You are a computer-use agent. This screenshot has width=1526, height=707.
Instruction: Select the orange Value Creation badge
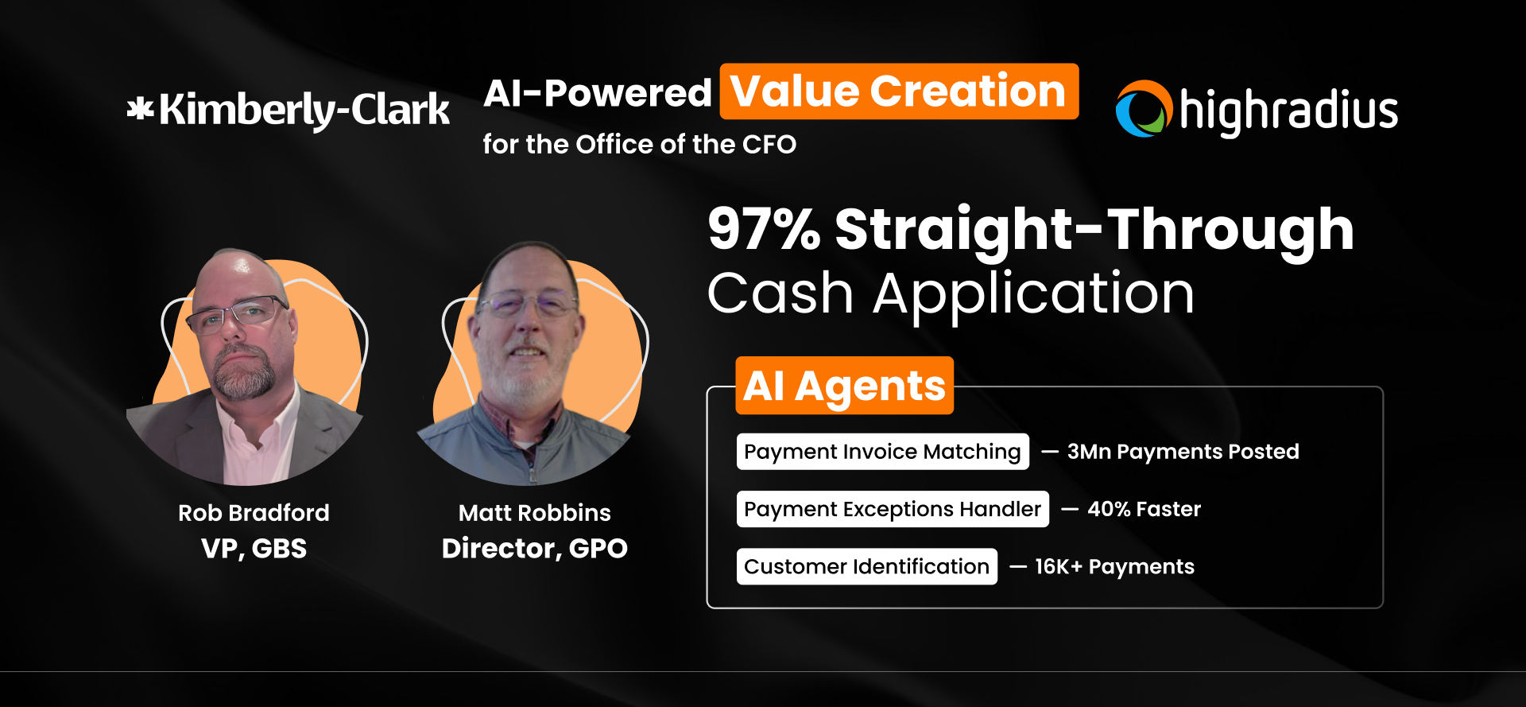tap(899, 91)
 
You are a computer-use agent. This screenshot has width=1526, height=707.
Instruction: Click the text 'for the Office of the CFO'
tap(639, 144)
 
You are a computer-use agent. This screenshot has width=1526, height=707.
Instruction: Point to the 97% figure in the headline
tap(764, 229)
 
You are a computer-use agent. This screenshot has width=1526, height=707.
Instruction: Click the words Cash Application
tap(951, 293)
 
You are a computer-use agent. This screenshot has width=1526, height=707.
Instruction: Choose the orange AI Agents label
tap(844, 386)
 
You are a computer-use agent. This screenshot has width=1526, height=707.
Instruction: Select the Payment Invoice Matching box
tap(882, 452)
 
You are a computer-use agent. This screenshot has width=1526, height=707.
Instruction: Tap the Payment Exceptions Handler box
tap(892, 509)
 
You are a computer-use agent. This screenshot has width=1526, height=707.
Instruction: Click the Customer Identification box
tap(866, 566)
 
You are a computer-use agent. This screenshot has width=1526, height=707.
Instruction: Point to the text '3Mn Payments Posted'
tap(1183, 452)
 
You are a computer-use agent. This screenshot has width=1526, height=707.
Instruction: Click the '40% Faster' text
tap(1144, 509)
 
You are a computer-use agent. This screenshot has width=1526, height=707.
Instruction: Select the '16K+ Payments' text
tap(1114, 566)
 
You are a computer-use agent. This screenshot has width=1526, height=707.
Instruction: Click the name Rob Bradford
tap(254, 513)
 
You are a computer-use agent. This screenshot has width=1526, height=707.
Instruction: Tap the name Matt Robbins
tap(534, 513)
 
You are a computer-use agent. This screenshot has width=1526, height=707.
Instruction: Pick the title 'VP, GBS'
tap(254, 549)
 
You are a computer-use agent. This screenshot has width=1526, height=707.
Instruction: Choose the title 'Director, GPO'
tap(534, 549)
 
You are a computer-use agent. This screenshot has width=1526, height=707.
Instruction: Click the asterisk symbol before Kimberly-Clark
tap(141, 108)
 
